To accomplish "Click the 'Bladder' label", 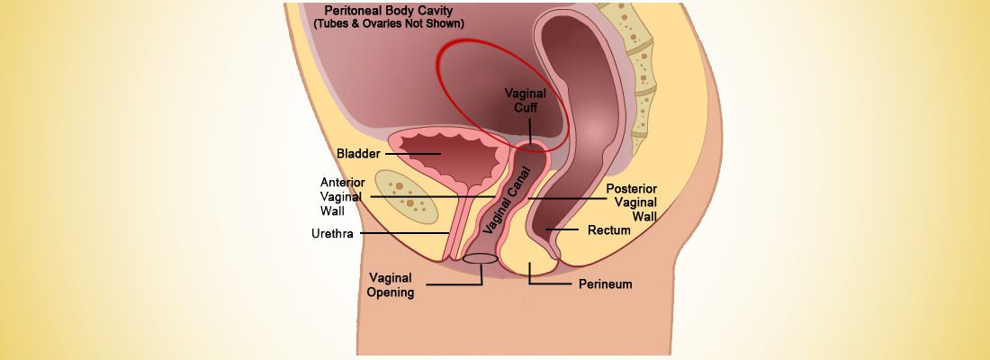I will [356, 154].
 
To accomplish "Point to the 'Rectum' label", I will [608, 230].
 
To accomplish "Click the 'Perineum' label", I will [605, 284].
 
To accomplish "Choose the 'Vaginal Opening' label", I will [391, 284].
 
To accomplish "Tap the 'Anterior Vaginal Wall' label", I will [343, 196].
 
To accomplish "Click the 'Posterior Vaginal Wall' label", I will [631, 202].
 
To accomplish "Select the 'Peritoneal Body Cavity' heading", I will [388, 11].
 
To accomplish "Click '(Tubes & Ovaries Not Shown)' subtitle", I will [388, 23].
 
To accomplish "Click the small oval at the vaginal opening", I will [481, 259].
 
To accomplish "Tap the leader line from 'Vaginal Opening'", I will [454, 285].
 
